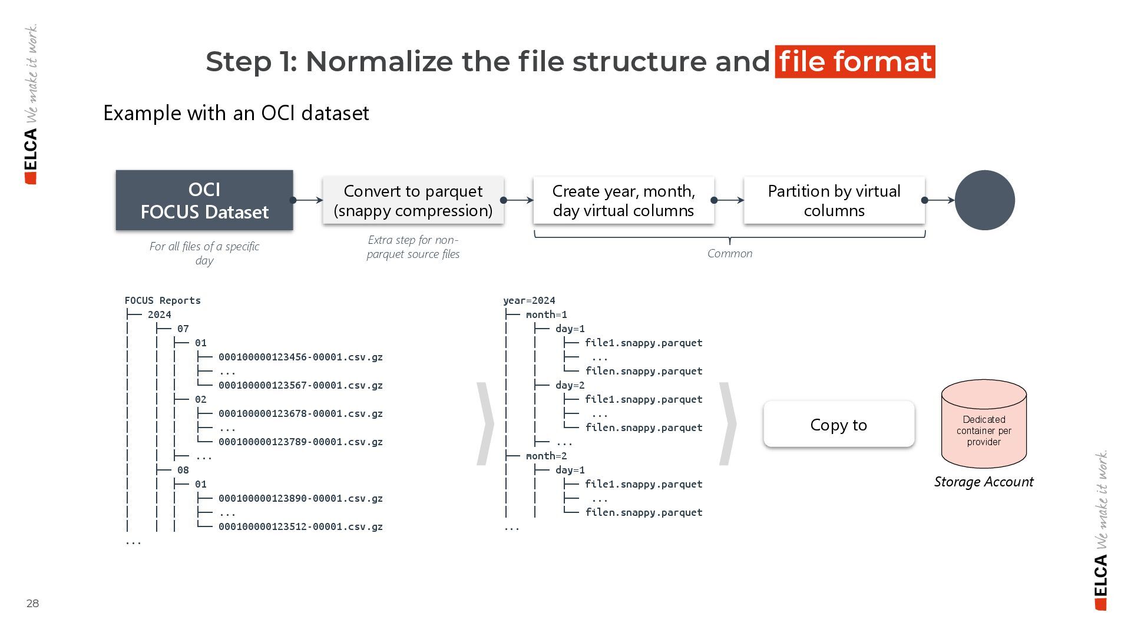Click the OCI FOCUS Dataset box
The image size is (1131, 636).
204,200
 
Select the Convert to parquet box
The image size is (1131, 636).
413,200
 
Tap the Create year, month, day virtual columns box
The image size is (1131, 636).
623,200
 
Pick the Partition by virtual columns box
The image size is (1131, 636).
834,200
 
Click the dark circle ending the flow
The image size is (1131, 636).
984,200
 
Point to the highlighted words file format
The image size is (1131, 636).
855,61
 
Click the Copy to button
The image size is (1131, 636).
839,425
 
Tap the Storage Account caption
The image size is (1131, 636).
984,482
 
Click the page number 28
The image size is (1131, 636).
32,603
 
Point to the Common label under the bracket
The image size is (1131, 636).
730,253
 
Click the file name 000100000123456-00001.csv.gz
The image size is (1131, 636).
300,357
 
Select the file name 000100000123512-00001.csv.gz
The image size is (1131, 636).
300,526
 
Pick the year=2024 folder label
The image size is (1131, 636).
529,300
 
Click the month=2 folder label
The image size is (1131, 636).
546,456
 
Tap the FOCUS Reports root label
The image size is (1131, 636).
163,300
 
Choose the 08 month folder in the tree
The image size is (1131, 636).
183,470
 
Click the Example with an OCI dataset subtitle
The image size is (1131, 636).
236,113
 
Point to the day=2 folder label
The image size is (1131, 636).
570,385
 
